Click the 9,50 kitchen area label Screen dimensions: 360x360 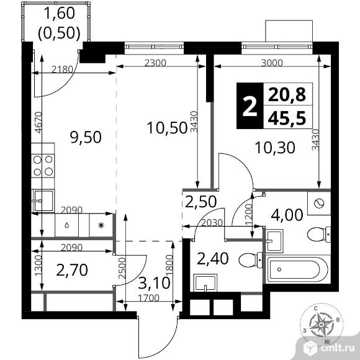click(86, 137)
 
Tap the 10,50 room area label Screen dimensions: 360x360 click(167, 128)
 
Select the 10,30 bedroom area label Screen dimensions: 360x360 click(275, 147)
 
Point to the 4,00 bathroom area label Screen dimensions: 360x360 click(287, 215)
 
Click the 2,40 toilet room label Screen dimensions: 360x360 click(213, 259)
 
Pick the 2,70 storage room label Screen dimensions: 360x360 click(72, 270)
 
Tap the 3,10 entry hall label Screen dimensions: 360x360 click(155, 283)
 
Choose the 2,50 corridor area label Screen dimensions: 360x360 click(200, 202)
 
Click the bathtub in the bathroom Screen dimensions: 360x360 click(298, 269)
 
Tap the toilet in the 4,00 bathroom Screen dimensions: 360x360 click(319, 235)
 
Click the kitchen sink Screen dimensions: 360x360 click(43, 200)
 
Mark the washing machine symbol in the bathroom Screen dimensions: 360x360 click(319, 204)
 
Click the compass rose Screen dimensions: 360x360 click(322, 324)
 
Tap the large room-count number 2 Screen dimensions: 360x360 click(250, 106)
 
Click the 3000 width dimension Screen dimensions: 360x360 click(272, 63)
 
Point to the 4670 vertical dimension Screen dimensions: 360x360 click(39, 122)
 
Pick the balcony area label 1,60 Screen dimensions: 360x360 click(59, 13)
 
